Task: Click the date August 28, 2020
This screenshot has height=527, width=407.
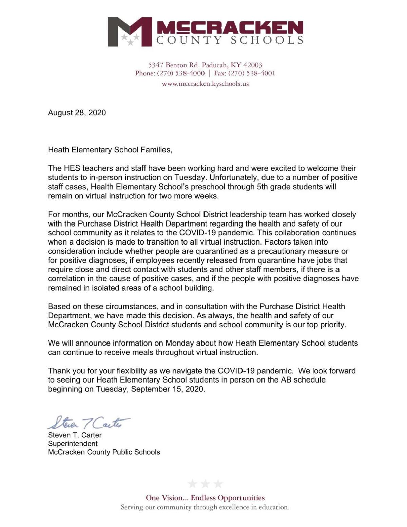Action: [77, 113]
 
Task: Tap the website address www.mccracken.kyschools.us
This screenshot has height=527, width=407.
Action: [205, 84]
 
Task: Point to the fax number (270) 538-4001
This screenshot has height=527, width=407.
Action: [251, 73]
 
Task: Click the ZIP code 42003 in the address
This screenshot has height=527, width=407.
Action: [253, 65]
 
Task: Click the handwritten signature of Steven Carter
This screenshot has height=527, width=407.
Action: [88, 423]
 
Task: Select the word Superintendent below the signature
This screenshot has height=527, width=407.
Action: [73, 444]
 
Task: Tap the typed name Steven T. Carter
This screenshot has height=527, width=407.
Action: [75, 435]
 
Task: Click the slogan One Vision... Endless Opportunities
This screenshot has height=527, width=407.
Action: [205, 498]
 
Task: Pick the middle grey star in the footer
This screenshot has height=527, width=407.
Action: [205, 484]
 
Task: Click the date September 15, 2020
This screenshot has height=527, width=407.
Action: [168, 389]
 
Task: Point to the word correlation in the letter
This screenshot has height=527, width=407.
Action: [66, 279]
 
